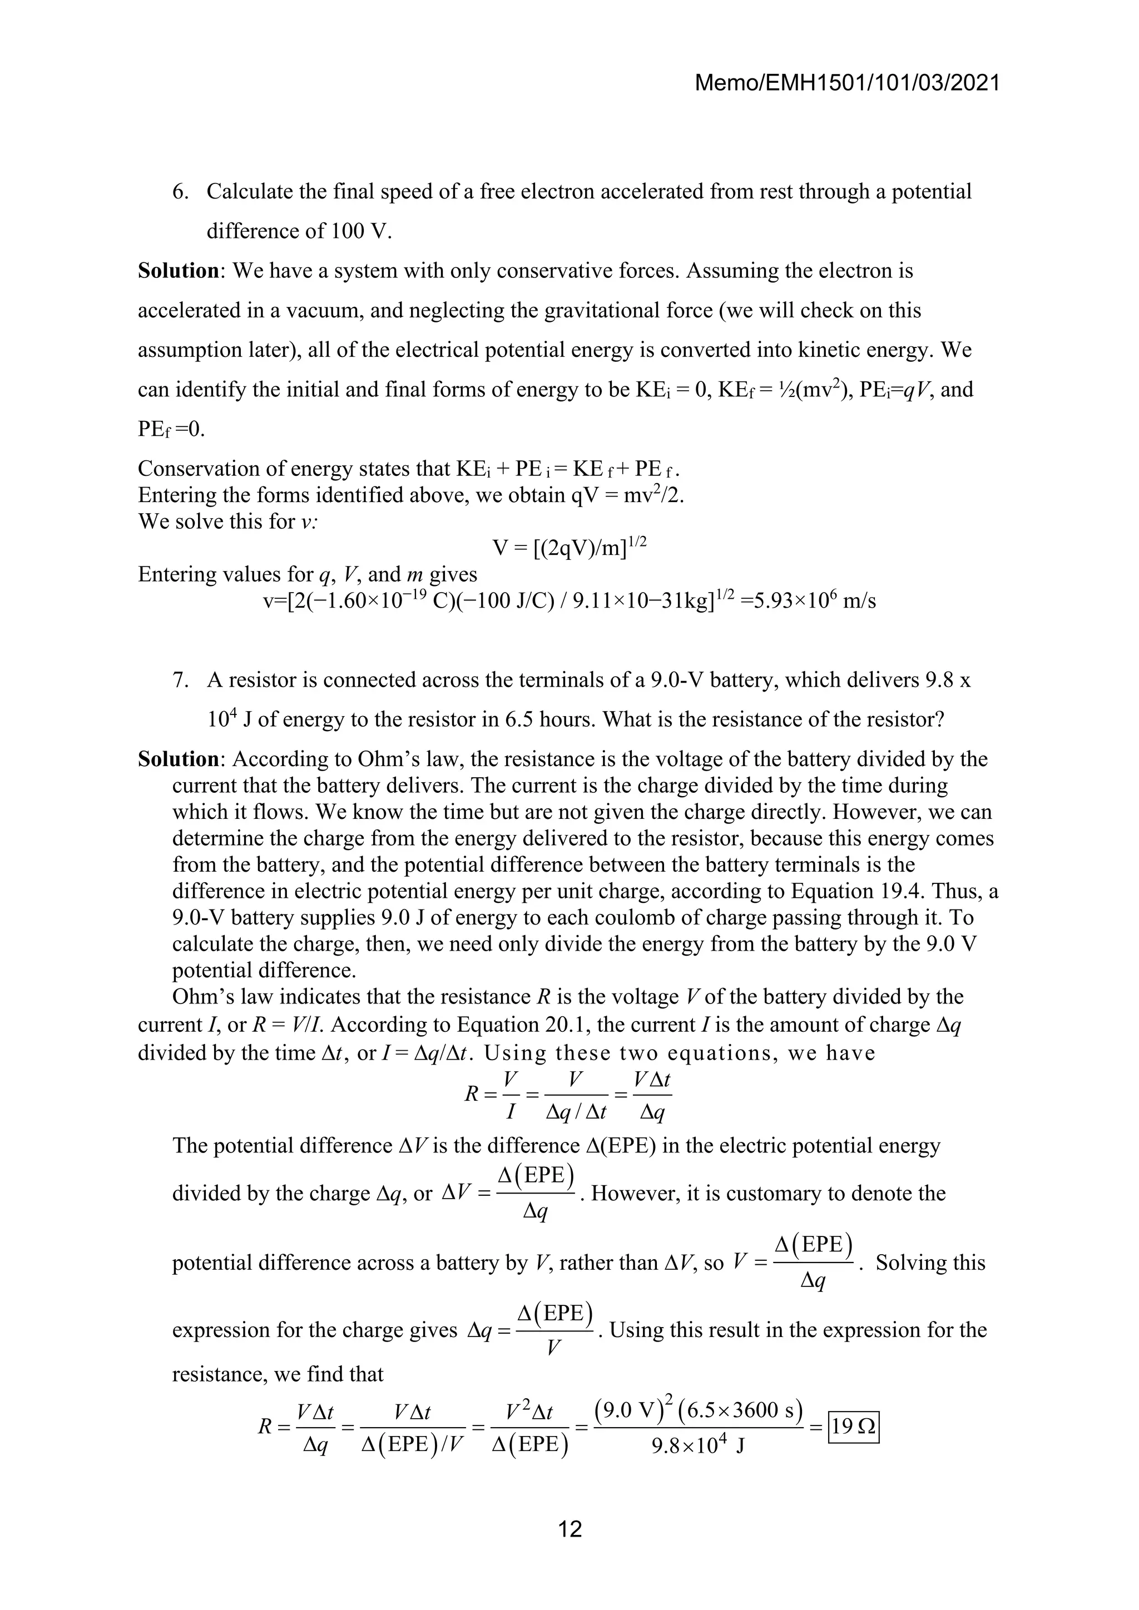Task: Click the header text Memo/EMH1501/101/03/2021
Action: (846, 83)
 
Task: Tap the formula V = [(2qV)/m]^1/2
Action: (569, 547)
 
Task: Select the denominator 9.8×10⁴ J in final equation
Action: (697, 1445)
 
